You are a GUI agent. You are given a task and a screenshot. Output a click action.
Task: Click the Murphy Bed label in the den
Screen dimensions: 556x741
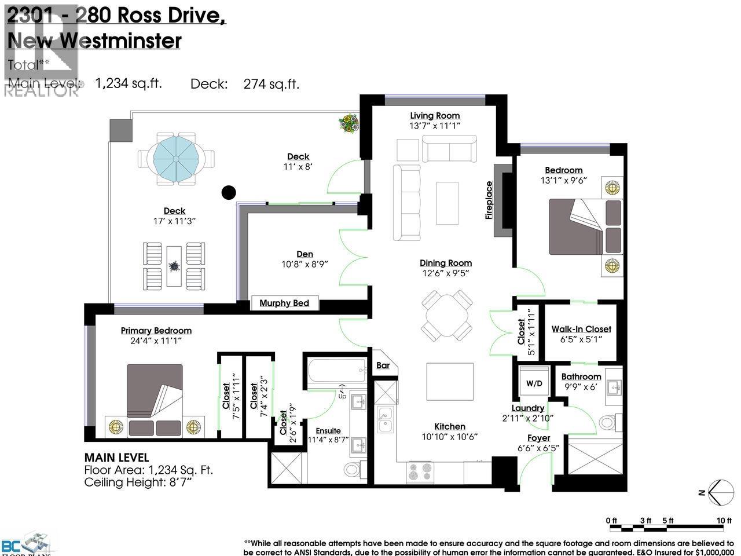284,303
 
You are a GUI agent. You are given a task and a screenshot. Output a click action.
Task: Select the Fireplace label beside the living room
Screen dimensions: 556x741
489,200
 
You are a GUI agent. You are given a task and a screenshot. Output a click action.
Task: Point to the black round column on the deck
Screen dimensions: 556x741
229,192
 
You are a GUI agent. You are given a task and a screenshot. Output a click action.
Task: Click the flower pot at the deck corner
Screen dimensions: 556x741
350,122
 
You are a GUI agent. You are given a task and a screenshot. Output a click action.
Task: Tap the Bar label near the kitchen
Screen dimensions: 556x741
383,365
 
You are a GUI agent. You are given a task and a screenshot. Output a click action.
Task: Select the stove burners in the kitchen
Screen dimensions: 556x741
420,471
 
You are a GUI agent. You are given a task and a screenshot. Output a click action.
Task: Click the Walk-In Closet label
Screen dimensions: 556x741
581,329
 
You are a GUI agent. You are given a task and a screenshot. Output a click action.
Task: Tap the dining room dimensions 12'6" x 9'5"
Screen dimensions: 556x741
446,273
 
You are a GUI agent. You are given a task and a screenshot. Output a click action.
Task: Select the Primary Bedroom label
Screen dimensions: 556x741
156,331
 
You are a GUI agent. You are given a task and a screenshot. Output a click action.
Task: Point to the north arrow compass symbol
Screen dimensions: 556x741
720,493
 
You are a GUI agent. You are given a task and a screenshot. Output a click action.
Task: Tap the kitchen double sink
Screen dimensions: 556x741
385,420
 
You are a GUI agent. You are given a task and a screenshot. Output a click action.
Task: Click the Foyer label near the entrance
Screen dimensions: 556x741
538,438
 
